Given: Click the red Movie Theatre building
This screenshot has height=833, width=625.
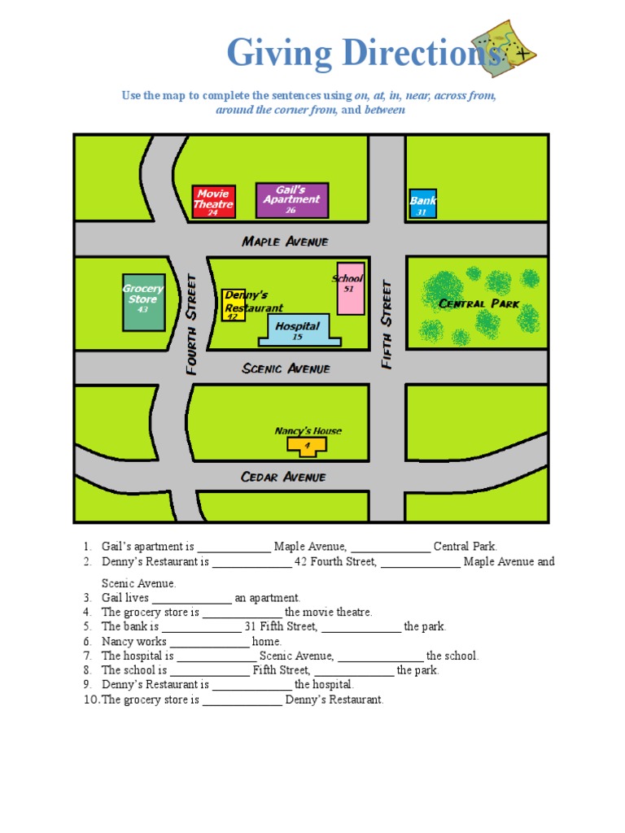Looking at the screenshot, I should point(213,202).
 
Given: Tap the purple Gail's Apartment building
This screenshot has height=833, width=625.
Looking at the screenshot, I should point(291,200).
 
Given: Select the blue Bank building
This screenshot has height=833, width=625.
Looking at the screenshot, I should point(422,203).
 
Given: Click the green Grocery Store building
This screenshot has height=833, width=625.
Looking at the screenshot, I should point(143,302).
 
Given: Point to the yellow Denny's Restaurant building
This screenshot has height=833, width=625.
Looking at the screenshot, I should point(233,305).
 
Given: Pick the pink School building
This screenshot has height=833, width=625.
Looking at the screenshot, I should point(351,289).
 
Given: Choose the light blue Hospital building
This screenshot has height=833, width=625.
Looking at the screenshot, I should point(299,330).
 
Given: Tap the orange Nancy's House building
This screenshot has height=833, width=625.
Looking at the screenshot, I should point(308,445).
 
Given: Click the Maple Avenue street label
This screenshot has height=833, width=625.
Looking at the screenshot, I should point(285,242).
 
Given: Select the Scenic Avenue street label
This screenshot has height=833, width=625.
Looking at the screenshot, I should point(286,369).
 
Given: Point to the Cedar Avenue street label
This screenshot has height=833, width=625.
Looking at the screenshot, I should point(283,477).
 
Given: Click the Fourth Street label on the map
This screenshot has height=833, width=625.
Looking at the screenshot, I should point(192,324).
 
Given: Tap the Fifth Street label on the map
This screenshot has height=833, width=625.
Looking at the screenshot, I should point(387,324).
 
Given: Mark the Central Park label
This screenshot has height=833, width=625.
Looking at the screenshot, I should point(479,303).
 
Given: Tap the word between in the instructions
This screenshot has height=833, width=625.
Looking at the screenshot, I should point(384,110).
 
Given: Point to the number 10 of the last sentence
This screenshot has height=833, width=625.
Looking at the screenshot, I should point(90,700).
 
